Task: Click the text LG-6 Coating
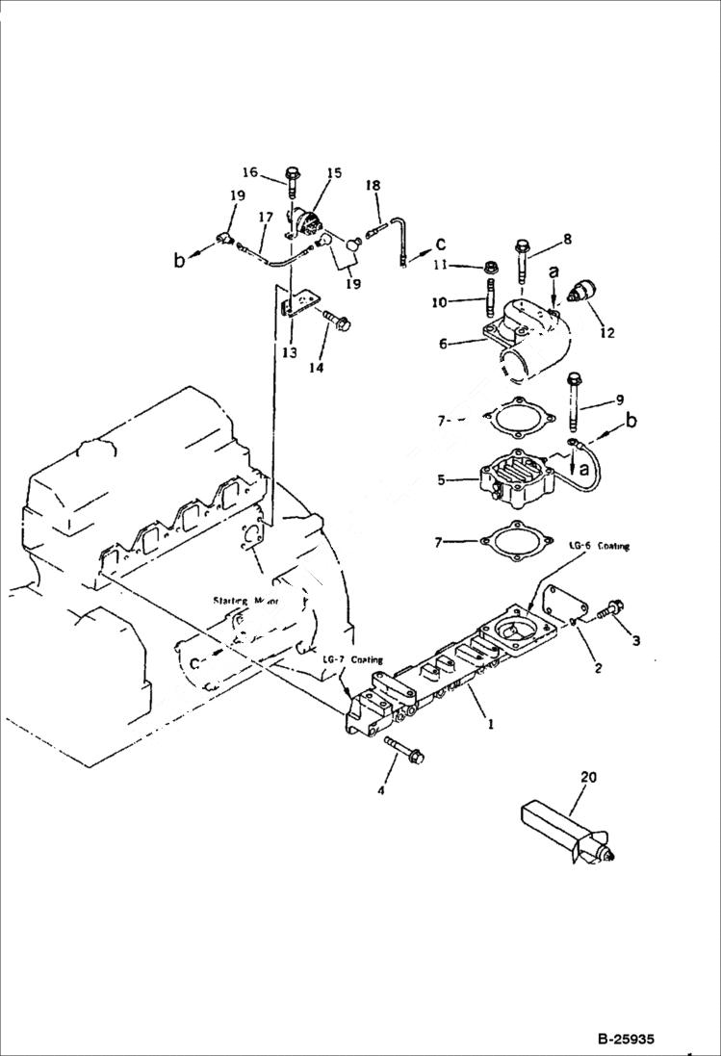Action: pos(599,546)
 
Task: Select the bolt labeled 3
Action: pos(608,610)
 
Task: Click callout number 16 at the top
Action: pos(249,172)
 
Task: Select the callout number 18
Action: pos(373,185)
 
